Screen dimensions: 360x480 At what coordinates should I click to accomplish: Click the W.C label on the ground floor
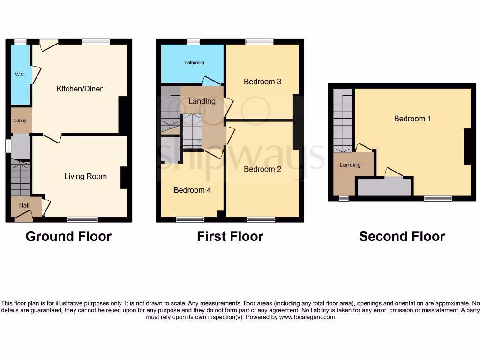coord(20,74)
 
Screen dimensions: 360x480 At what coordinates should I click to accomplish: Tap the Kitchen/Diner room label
coord(80,89)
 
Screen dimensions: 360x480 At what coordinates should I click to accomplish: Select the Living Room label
coord(85,176)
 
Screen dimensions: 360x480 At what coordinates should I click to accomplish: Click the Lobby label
coord(20,120)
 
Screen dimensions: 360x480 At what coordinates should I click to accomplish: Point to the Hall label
coord(24,205)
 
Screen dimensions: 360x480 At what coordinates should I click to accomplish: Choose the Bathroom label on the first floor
coord(194,62)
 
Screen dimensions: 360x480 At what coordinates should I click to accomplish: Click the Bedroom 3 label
coord(262,82)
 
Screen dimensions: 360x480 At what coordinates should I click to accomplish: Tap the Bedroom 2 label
coord(262,169)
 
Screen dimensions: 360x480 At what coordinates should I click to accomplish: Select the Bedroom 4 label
coord(192,190)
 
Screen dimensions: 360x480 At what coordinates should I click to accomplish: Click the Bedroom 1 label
coord(412,119)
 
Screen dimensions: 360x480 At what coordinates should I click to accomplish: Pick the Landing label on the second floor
coord(350,165)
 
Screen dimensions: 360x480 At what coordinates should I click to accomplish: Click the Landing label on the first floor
coord(202,101)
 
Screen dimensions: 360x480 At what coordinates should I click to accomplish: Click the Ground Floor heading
coord(68,236)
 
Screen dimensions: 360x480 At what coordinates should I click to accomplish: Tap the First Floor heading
coord(230,236)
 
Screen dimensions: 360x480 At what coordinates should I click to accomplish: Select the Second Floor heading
coord(402,236)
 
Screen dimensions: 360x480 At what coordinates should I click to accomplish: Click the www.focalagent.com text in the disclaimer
coord(307,317)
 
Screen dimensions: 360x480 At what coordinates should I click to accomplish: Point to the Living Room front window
coord(82,219)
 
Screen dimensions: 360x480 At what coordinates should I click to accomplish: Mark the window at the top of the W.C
coord(20,42)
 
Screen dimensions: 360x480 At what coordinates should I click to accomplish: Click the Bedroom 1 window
coord(438,198)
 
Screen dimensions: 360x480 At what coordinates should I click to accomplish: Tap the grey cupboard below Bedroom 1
coord(384,187)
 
